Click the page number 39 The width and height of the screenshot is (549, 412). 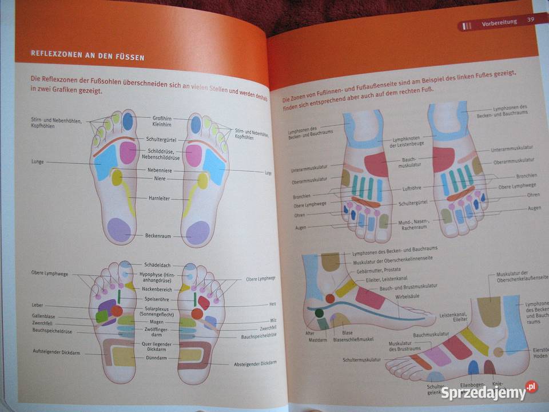click(530, 21)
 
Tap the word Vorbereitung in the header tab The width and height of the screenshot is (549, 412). click(499, 22)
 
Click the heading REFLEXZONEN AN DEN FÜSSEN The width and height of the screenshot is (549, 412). click(87, 57)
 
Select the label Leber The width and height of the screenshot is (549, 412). click(37, 306)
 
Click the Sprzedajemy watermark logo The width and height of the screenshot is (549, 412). click(490, 393)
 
